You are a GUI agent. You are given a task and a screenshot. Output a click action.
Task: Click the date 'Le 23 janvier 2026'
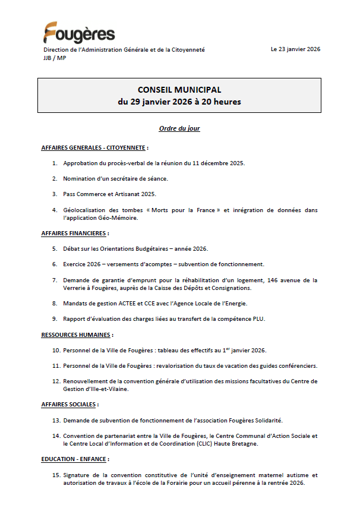pyautogui.click(x=295, y=49)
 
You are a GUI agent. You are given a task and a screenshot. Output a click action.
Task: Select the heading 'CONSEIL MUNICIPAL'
pyautogui.click(x=179, y=90)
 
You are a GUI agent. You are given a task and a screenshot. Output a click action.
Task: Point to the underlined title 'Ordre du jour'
pyautogui.click(x=179, y=128)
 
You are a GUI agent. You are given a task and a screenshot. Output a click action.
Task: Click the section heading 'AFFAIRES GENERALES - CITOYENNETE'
pyautogui.click(x=93, y=147)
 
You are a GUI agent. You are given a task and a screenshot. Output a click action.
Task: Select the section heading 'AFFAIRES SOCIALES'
pyautogui.click(x=68, y=404)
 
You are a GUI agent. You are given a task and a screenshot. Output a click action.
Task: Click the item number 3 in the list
pyautogui.click(x=54, y=194)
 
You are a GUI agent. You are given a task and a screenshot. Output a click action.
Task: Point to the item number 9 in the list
pyautogui.click(x=54, y=318)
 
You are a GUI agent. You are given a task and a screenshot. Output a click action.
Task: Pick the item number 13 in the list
pyautogui.click(x=56, y=420)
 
